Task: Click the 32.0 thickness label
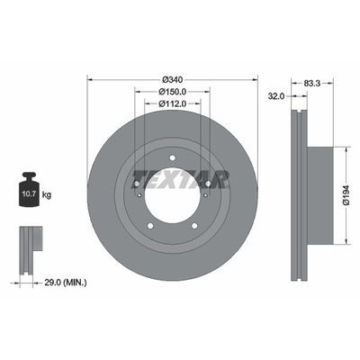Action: pos(276,94)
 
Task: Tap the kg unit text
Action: pos(48,194)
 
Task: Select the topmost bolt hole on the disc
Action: pos(171,162)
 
